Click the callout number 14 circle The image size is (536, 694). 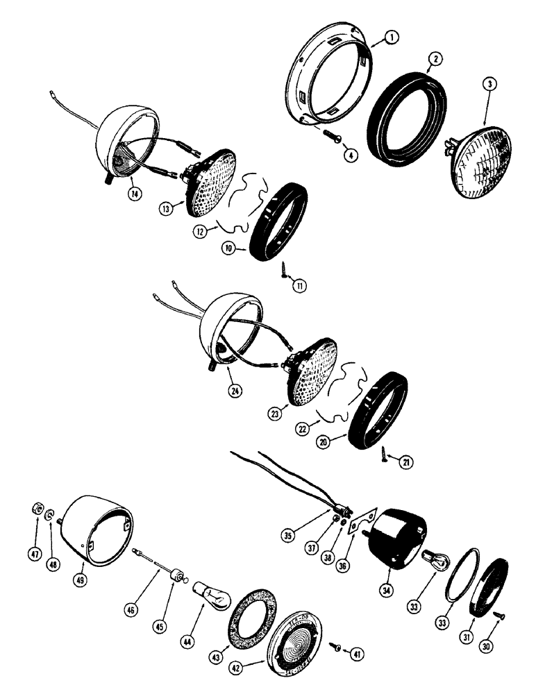[135, 196]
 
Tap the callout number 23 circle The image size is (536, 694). [278, 414]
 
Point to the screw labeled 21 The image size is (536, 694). [384, 455]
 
